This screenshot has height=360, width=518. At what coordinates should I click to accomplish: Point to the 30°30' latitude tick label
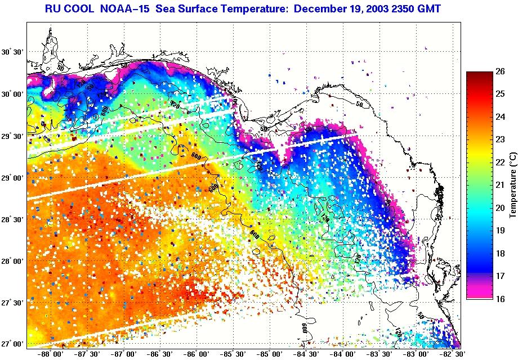pos(12,52)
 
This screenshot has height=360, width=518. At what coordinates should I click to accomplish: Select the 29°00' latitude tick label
pos(12,178)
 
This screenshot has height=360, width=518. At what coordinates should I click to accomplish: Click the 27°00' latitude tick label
pos(12,344)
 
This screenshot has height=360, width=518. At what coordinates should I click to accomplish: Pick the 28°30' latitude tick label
pos(12,219)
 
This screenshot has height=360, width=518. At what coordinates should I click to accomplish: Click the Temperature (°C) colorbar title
pos(512,185)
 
